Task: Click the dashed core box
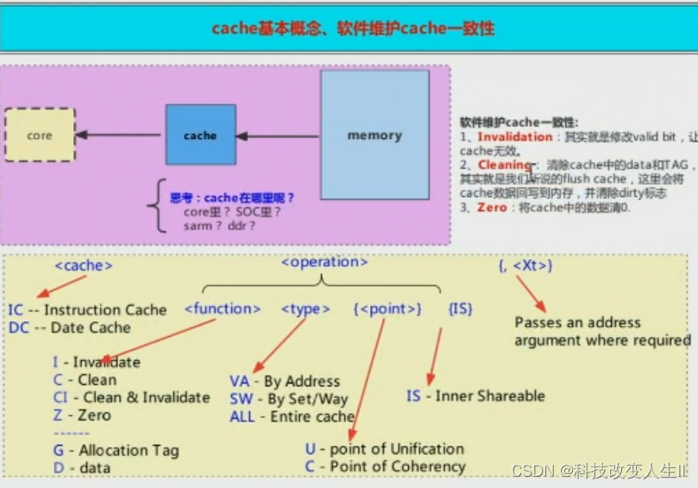pyautogui.click(x=40, y=135)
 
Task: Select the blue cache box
pyautogui.click(x=200, y=135)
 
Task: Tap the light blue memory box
pyautogui.click(x=374, y=135)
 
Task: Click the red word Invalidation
pyautogui.click(x=514, y=136)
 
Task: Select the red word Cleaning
pyautogui.click(x=505, y=165)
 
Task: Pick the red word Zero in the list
pyautogui.click(x=494, y=207)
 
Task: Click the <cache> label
pyautogui.click(x=84, y=265)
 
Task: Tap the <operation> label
pyautogui.click(x=324, y=262)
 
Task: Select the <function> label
pyautogui.click(x=223, y=308)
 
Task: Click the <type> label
pyautogui.click(x=305, y=308)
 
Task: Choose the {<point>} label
pyautogui.click(x=387, y=308)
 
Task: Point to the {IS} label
pyautogui.click(x=460, y=308)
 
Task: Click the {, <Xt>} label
pyautogui.click(x=525, y=266)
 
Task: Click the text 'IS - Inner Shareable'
pyautogui.click(x=475, y=396)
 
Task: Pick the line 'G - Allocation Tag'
pyautogui.click(x=116, y=450)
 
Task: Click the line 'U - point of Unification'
pyautogui.click(x=384, y=449)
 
